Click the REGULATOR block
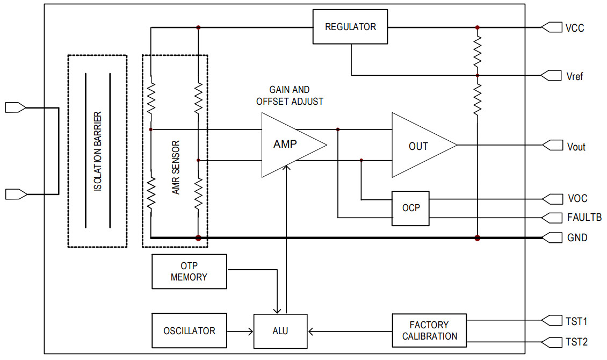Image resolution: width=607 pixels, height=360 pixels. pyautogui.click(x=350, y=27)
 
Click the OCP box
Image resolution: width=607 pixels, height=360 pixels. pyautogui.click(x=410, y=208)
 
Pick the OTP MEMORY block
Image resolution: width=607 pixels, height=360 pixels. pyautogui.click(x=189, y=271)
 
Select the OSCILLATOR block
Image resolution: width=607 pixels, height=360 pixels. pyautogui.click(x=189, y=331)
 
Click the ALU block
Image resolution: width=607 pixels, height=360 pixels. pyautogui.click(x=280, y=331)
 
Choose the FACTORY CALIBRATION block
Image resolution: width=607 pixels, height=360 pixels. pyautogui.click(x=429, y=330)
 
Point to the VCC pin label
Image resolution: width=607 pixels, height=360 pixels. pyautogui.click(x=575, y=27)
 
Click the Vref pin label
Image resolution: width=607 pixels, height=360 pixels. pyautogui.click(x=575, y=76)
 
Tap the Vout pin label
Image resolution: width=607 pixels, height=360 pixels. pyautogui.click(x=576, y=146)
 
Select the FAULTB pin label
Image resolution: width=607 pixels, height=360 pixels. pyautogui.click(x=584, y=218)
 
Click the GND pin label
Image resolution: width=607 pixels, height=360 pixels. pyautogui.click(x=577, y=237)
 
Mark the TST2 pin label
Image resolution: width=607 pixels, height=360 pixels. pyautogui.click(x=577, y=342)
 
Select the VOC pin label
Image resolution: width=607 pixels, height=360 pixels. pyautogui.click(x=577, y=199)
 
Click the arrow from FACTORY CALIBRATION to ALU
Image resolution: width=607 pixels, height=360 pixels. pyautogui.click(x=349, y=331)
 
